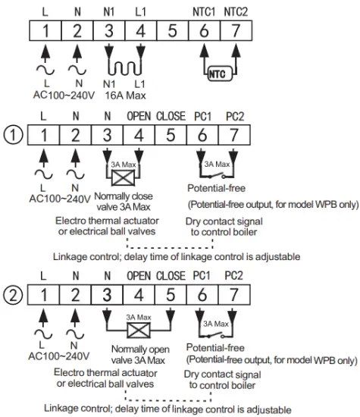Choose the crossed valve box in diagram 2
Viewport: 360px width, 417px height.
click(139, 331)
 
